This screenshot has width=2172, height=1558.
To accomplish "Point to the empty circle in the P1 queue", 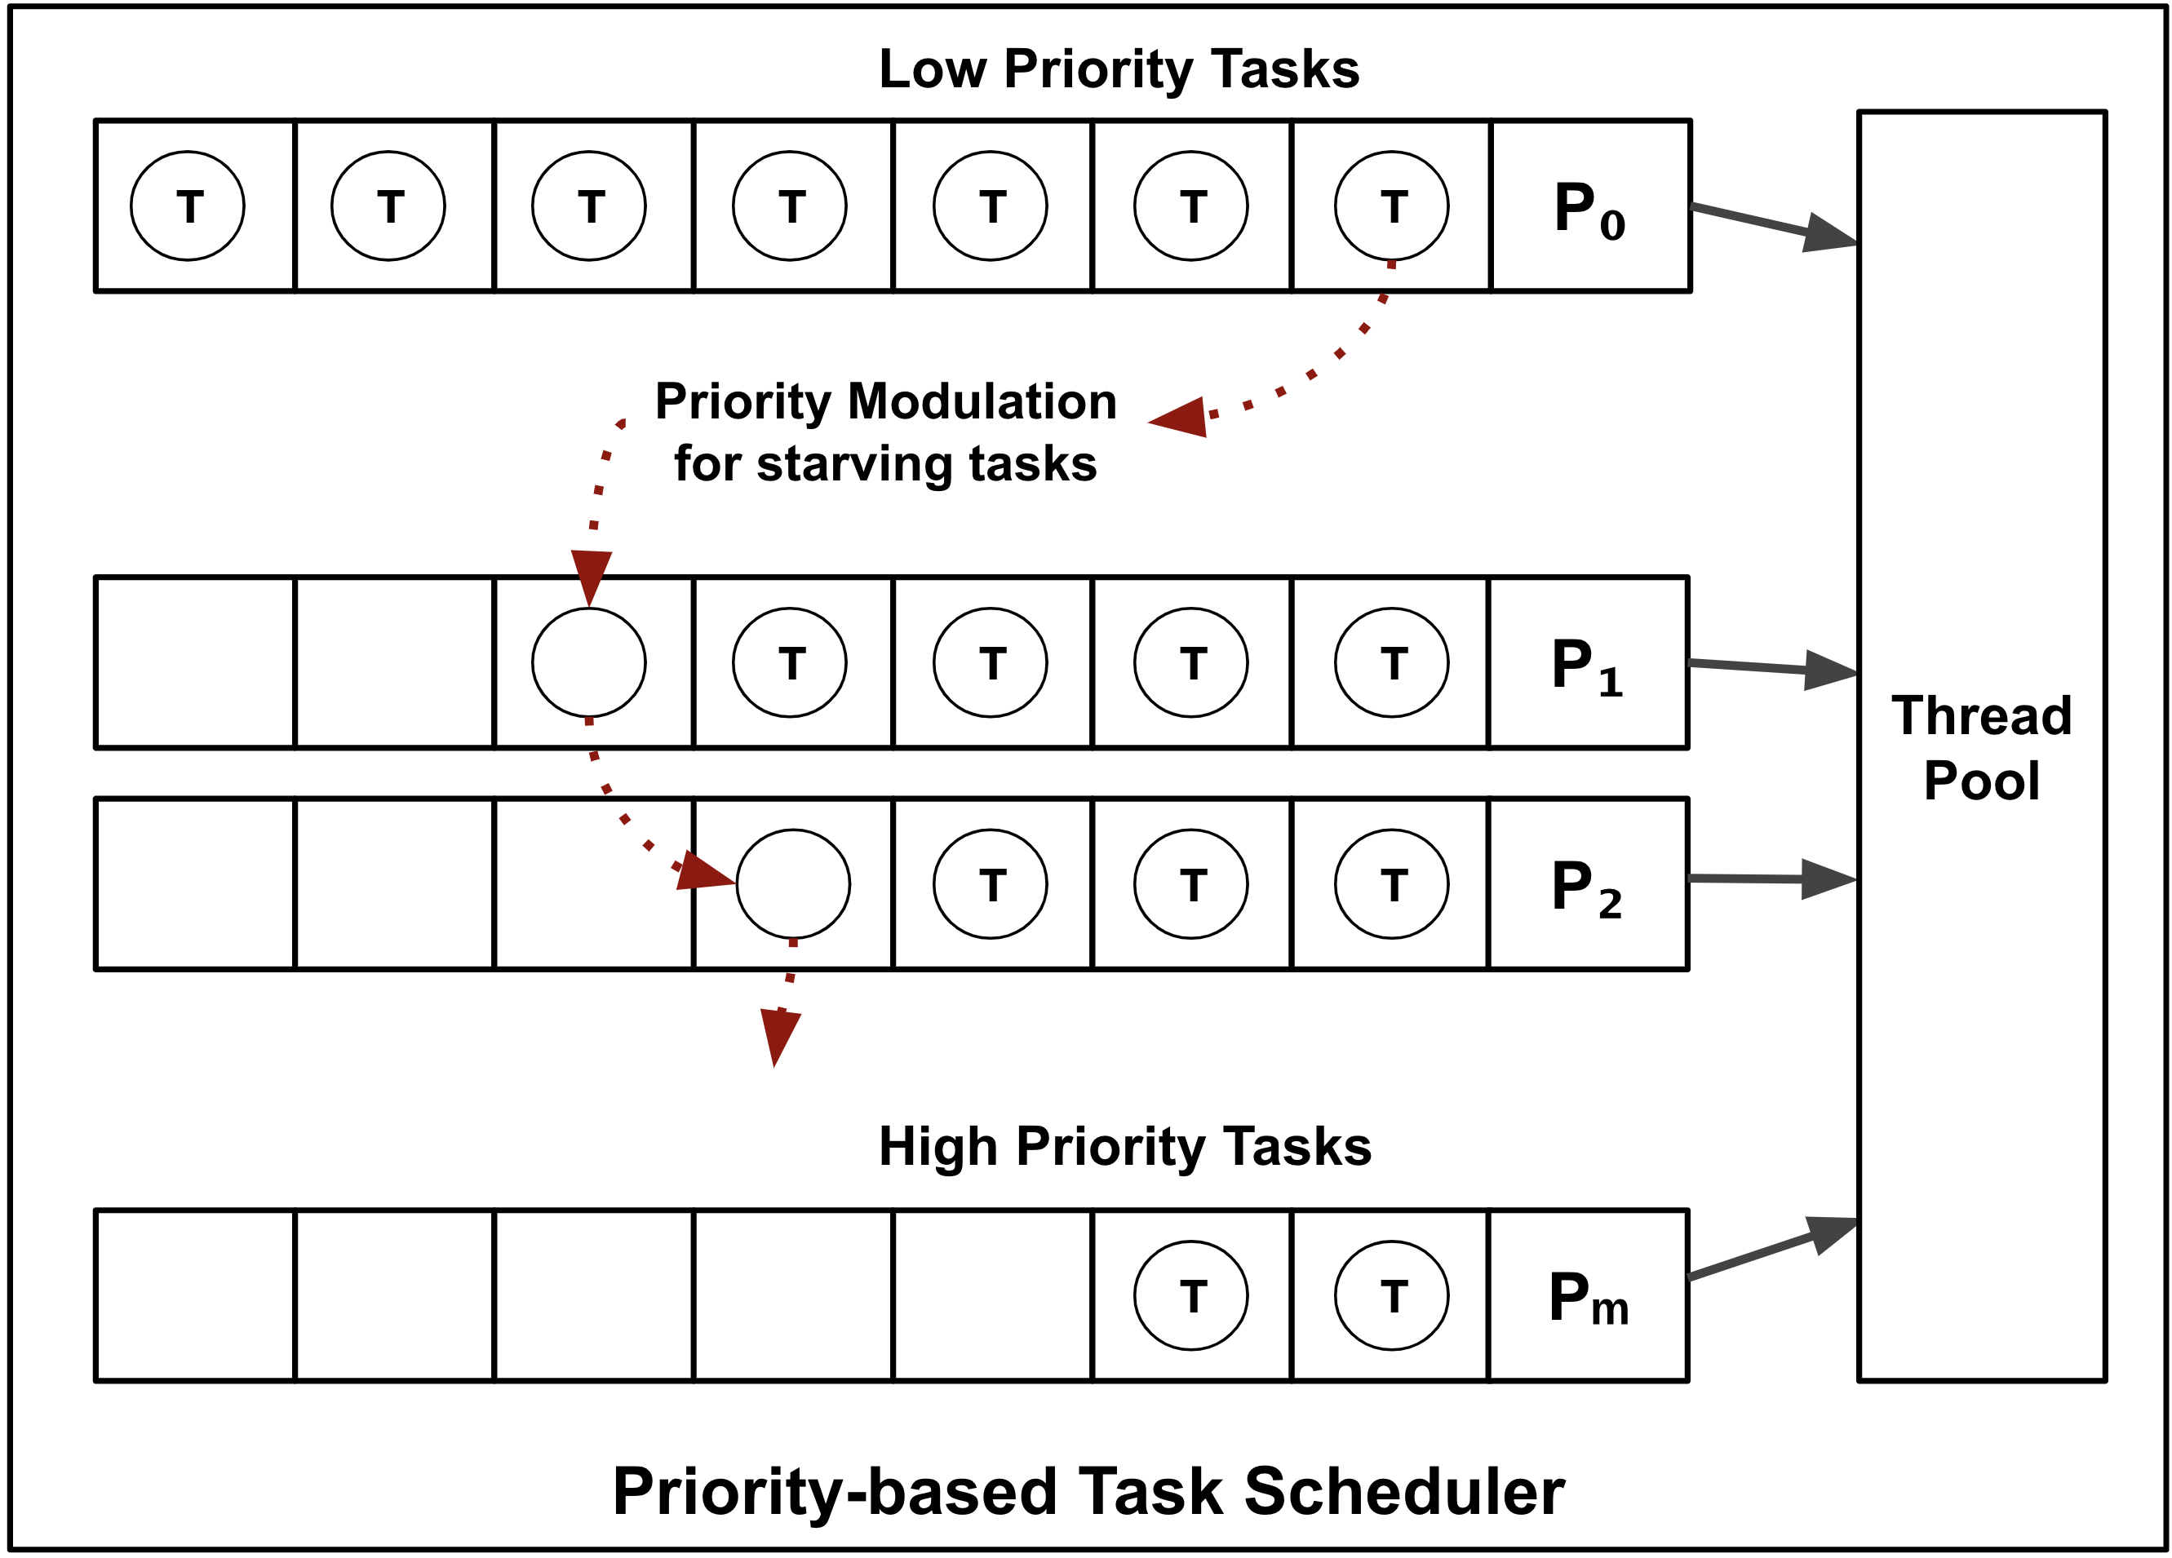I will (589, 662).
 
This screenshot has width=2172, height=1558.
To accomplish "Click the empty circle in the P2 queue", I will (793, 884).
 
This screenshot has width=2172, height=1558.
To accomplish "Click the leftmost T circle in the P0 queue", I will (188, 206).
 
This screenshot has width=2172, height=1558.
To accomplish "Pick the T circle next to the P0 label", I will (1391, 206).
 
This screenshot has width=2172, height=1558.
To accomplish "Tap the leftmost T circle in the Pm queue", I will (1190, 1295).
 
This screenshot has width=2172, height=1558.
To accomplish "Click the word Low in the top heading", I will (932, 70).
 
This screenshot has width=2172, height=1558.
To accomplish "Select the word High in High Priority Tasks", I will (938, 1146).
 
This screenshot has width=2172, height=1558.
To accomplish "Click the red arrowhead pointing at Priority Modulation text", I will (1180, 418).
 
